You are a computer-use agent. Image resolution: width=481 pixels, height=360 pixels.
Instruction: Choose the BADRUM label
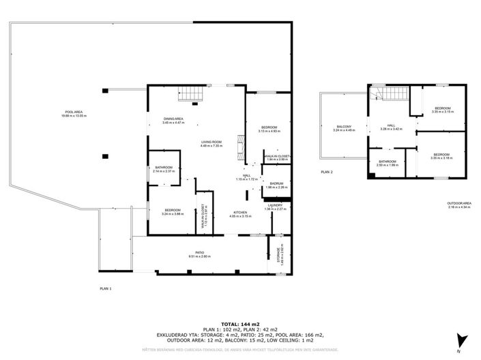tap(276, 185)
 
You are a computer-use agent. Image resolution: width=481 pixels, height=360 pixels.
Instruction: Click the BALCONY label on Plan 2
tap(344, 127)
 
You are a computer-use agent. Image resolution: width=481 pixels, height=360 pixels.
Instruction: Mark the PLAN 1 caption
tap(106, 289)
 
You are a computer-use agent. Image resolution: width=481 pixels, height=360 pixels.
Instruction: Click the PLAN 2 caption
tap(327, 172)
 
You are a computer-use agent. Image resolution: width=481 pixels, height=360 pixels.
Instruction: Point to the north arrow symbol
tap(464, 339)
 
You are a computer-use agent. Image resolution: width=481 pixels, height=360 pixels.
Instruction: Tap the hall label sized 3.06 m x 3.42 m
tap(391, 127)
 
